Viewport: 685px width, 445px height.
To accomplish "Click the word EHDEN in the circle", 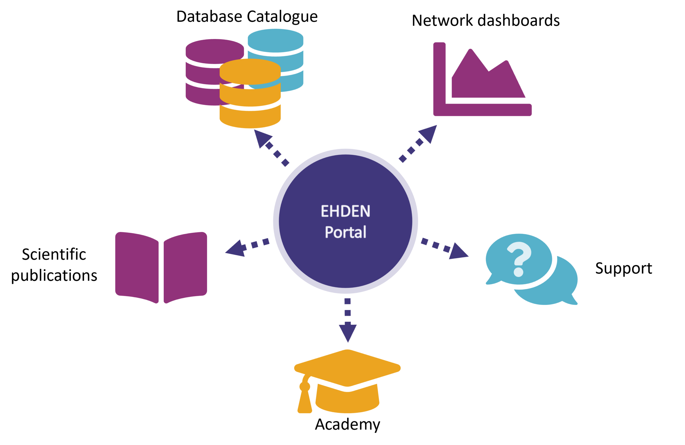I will (345, 211).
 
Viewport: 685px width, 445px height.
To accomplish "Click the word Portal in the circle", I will (345, 232).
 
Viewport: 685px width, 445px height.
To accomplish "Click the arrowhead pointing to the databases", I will (261, 137).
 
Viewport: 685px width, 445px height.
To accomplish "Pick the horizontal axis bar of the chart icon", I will (486, 110).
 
